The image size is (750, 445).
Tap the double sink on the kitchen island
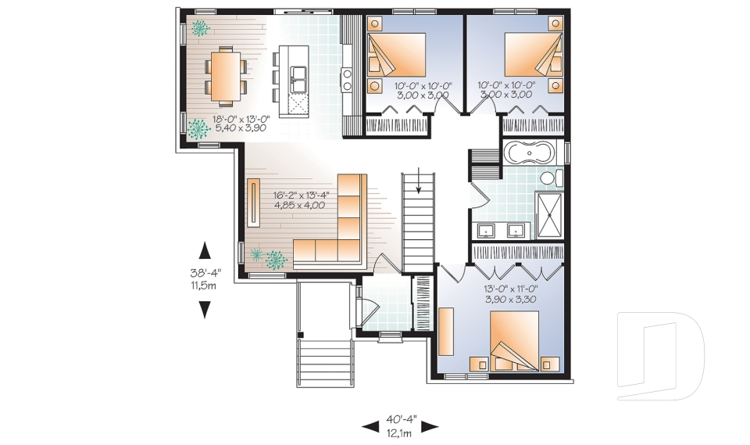(x=298, y=77)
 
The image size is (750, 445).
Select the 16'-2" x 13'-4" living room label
(x=299, y=200)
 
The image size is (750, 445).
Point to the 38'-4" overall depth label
(x=205, y=279)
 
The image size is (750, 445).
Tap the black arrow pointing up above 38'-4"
(x=205, y=250)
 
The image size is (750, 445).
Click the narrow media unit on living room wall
(x=255, y=203)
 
